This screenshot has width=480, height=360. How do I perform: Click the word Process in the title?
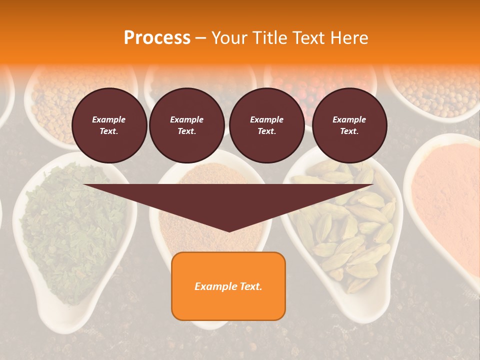[157, 37]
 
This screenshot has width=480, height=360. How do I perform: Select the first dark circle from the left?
[109, 125]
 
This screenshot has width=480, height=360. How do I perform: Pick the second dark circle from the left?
[187, 125]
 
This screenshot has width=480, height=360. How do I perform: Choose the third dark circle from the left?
[267, 125]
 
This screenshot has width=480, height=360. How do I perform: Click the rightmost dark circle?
[349, 125]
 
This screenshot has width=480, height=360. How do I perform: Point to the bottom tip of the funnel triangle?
[229, 231]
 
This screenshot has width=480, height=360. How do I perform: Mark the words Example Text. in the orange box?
[228, 286]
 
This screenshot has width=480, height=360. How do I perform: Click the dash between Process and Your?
[200, 38]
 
